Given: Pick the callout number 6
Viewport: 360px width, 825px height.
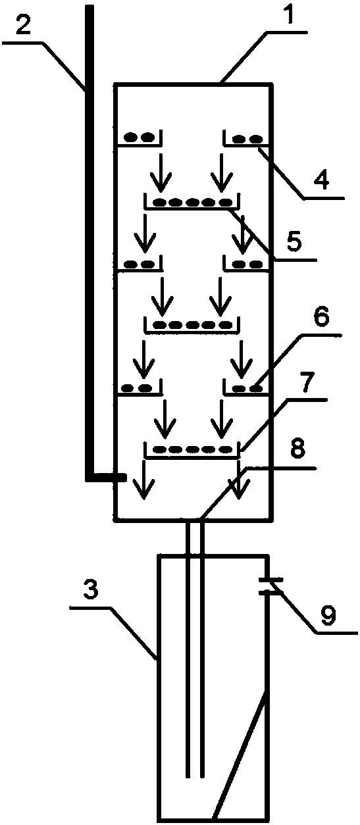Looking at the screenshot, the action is [321, 316].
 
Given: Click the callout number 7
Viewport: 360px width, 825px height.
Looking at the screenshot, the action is [306, 382].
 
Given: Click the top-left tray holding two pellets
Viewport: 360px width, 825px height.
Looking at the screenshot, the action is [140, 137].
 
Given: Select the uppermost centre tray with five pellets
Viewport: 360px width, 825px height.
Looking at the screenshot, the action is [192, 201].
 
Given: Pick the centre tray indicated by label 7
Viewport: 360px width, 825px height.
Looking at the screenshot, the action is [192, 450].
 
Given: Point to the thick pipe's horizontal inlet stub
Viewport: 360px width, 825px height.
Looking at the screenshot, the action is [107, 478].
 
